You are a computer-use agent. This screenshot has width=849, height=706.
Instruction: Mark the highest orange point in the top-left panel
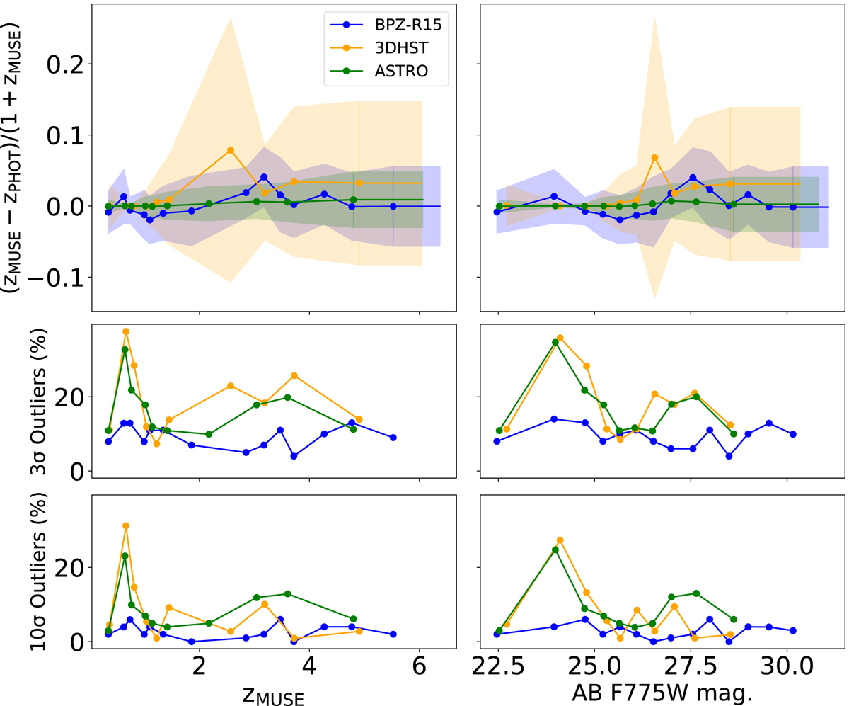(x=231, y=150)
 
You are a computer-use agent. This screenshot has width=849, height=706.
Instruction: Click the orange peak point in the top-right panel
(x=654, y=157)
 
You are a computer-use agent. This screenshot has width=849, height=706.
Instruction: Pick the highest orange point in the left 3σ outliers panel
(x=126, y=331)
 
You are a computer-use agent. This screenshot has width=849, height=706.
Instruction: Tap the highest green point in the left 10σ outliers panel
(x=125, y=556)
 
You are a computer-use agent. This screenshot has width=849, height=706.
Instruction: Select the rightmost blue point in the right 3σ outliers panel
(x=793, y=434)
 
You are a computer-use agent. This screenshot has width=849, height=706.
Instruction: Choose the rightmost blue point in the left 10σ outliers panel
(x=393, y=634)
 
